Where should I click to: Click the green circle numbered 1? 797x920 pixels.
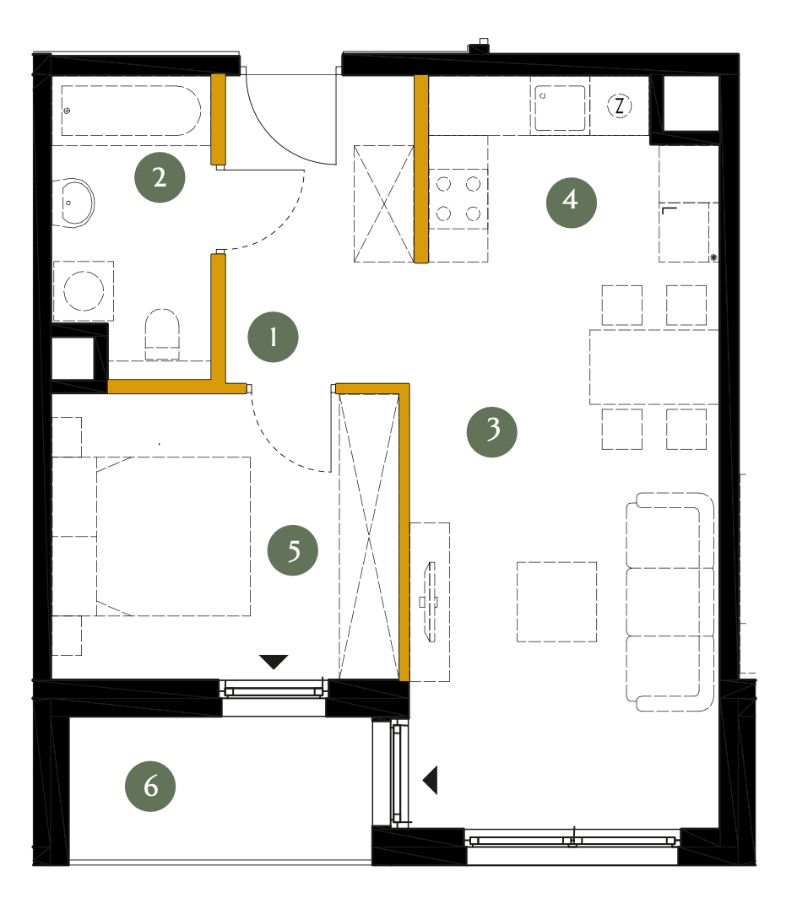273,337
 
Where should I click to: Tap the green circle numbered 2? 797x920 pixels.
160,177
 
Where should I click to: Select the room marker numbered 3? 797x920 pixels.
492,432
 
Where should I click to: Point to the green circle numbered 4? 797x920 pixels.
571,203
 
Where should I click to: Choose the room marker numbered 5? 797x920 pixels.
293,549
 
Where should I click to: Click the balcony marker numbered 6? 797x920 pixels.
150,787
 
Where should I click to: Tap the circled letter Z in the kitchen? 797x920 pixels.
619,106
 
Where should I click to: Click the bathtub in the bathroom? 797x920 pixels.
131,111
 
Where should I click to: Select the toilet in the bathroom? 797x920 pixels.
162,334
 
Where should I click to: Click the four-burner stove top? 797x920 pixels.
459,199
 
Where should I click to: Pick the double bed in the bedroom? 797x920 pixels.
173,536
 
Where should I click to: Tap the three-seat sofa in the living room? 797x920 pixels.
670,602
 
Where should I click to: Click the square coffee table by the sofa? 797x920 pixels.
556,602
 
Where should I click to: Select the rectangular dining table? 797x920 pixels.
653,366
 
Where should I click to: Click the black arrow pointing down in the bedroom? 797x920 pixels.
274,661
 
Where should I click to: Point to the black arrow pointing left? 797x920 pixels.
431,781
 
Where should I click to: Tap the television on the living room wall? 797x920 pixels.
431,602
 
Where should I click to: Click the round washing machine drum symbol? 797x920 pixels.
84,290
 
